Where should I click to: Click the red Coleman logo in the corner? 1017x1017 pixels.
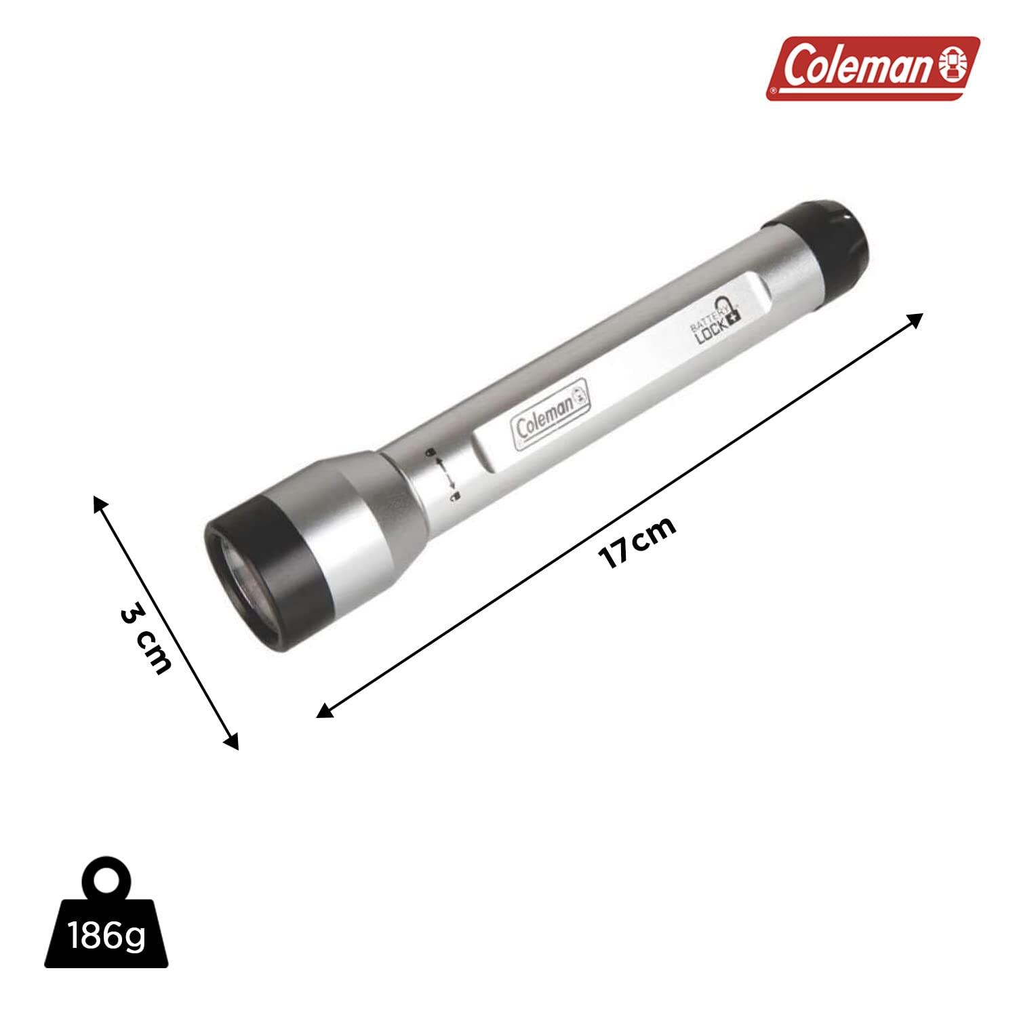873,68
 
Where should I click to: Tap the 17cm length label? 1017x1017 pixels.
637,542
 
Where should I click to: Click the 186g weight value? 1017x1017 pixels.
106,937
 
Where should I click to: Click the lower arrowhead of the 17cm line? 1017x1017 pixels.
324,711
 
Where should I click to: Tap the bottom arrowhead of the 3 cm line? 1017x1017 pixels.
233,744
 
